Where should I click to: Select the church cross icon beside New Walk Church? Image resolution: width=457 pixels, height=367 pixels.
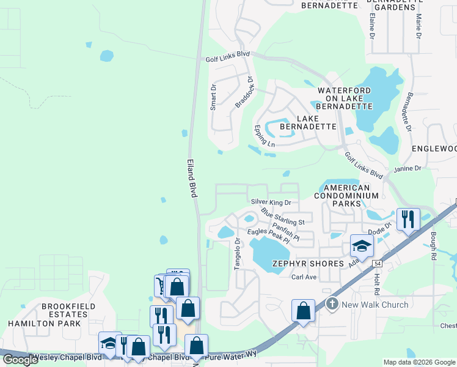tap(332, 303)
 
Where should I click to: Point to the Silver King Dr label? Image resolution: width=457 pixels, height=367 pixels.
tap(271, 201)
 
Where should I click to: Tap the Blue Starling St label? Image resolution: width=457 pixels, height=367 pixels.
tap(282, 217)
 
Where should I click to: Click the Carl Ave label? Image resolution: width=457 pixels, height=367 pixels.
tap(304, 277)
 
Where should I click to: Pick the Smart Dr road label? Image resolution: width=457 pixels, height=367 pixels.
tap(213, 97)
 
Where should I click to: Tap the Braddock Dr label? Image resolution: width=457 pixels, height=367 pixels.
tap(244, 92)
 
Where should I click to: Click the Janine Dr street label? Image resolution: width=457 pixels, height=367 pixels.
tap(409, 168)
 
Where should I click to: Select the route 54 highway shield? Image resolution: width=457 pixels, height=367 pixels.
tap(378, 263)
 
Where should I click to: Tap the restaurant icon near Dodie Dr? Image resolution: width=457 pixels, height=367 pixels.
tap(408, 219)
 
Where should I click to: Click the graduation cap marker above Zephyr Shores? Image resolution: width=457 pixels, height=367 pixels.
tap(362, 247)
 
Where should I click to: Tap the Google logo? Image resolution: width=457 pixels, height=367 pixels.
tap(21, 360)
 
